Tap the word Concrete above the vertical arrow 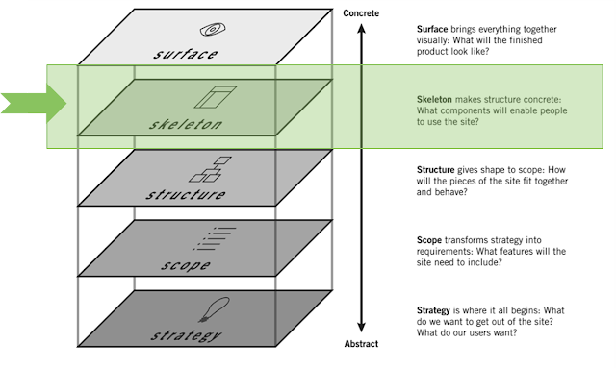(361, 13)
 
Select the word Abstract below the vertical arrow (361, 344)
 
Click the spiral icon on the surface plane (213, 30)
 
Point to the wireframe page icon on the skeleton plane (216, 97)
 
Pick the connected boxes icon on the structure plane (210, 169)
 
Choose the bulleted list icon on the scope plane (215, 238)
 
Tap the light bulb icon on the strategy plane (214, 309)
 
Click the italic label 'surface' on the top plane (185, 54)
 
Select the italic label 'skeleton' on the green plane (186, 124)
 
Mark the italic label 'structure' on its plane (186, 195)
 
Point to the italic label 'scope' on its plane (186, 265)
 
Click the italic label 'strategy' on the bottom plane (186, 336)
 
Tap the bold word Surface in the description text (432, 29)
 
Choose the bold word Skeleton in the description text (434, 99)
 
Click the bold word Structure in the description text (436, 170)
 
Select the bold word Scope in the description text (429, 240)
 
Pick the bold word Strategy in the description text (433, 310)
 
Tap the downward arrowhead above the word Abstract (362, 328)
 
